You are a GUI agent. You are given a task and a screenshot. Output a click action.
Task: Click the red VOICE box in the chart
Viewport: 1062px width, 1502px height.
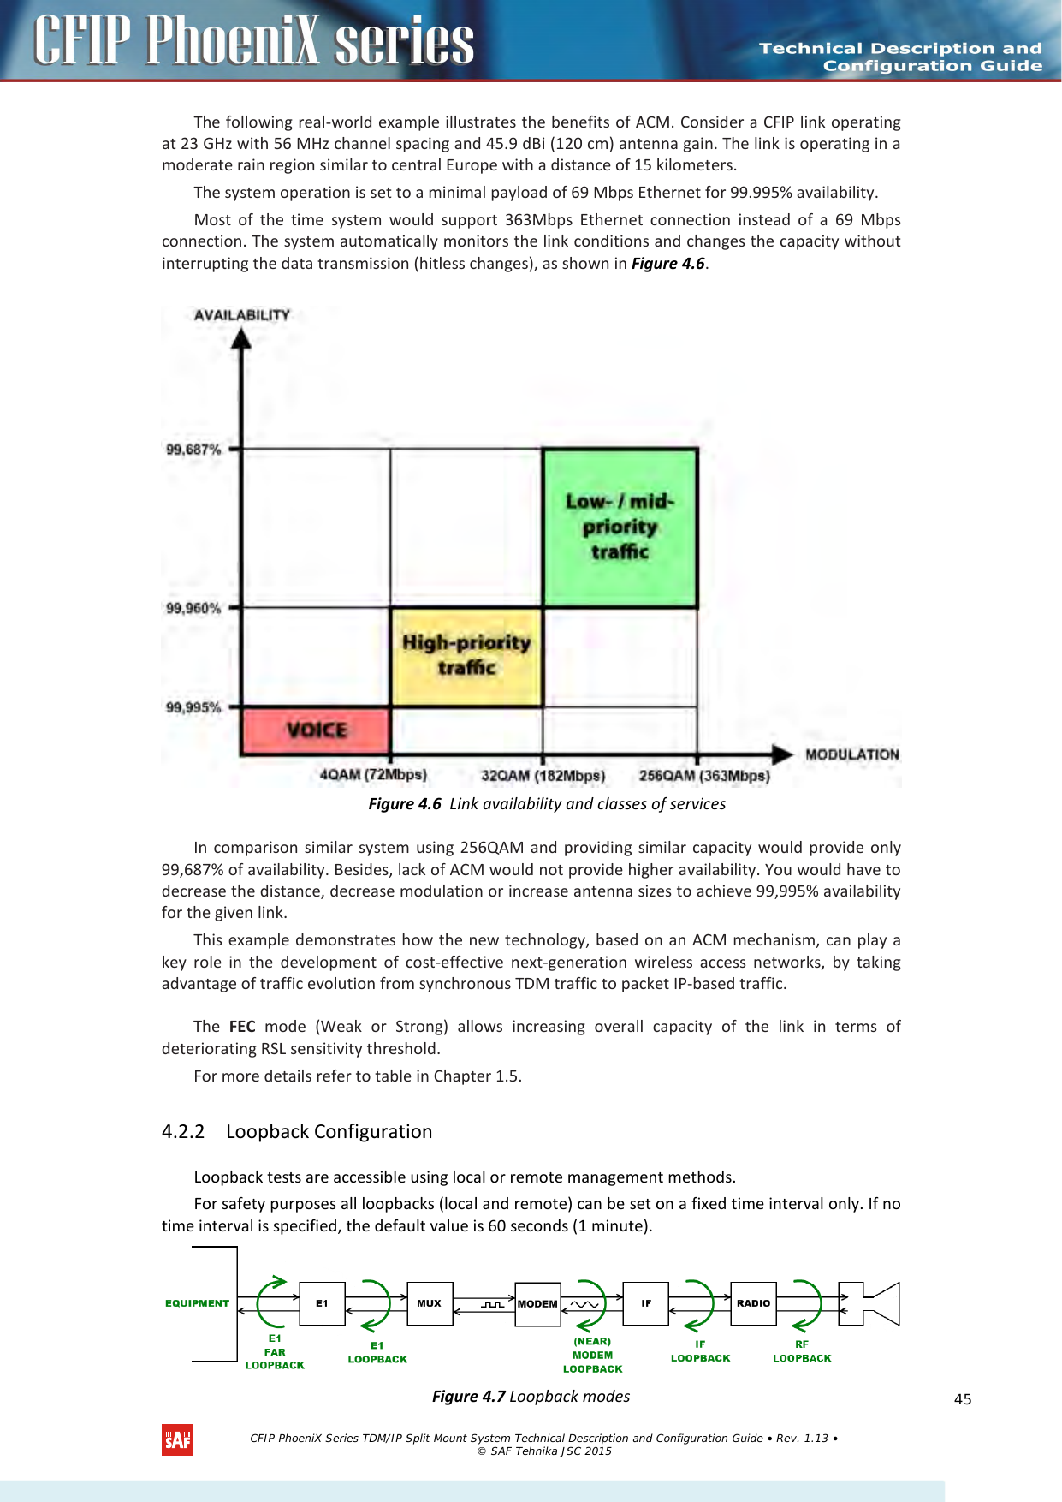pyautogui.click(x=316, y=730)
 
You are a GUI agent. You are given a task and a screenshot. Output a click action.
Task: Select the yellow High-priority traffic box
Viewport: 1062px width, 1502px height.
pyautogui.click(x=466, y=656)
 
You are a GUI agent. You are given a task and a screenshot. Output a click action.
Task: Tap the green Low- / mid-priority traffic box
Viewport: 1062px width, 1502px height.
pyautogui.click(x=620, y=527)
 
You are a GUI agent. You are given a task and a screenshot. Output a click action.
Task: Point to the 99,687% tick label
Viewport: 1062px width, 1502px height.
pyautogui.click(x=193, y=450)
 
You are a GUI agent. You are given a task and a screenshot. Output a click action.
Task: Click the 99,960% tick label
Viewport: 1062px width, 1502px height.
pyautogui.click(x=193, y=608)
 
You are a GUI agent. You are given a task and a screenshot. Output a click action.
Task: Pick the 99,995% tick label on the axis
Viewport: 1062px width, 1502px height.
pyautogui.click(x=193, y=707)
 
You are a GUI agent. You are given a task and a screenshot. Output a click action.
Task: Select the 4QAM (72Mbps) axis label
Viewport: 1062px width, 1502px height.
pyautogui.click(x=372, y=775)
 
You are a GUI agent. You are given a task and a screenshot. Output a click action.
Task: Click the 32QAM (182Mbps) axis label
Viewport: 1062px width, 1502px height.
pyautogui.click(x=543, y=776)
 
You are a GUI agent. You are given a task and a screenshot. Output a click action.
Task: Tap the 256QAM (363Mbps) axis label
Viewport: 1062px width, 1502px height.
pyautogui.click(x=703, y=776)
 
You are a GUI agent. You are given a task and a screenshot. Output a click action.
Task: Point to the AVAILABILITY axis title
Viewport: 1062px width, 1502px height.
pyautogui.click(x=241, y=315)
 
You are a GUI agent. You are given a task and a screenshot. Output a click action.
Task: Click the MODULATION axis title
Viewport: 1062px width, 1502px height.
pyautogui.click(x=851, y=754)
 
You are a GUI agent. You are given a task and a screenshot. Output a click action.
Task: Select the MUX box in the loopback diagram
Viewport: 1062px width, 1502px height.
pyautogui.click(x=430, y=1303)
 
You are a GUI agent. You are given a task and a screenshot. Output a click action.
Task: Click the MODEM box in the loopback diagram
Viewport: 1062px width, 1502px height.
pyautogui.click(x=537, y=1304)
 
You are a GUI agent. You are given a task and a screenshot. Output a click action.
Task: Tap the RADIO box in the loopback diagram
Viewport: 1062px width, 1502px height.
pyautogui.click(x=753, y=1303)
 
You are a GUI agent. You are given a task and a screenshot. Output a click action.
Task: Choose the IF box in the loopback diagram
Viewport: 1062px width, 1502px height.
pyautogui.click(x=646, y=1303)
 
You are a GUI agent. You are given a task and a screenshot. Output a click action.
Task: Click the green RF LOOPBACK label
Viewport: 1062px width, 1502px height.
pyautogui.click(x=802, y=1351)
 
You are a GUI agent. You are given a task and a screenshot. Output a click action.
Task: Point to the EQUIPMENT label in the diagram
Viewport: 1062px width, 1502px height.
pyautogui.click(x=197, y=1303)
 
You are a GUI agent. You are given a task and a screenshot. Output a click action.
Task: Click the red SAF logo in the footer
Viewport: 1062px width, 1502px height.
pyautogui.click(x=177, y=1440)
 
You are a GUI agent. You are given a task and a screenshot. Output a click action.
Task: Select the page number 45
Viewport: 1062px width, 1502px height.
pyautogui.click(x=963, y=1399)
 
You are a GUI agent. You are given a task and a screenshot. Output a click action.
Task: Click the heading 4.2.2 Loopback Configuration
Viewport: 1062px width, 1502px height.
pyautogui.click(x=297, y=1131)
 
